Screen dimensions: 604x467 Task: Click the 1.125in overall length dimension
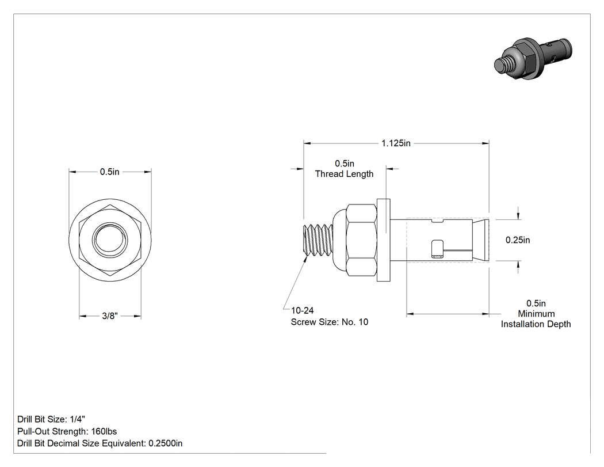pyautogui.click(x=396, y=143)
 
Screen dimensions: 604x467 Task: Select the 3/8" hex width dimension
pyautogui.click(x=110, y=316)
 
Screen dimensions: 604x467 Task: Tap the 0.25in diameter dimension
pyautogui.click(x=518, y=240)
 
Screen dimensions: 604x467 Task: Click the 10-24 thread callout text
pyautogui.click(x=303, y=310)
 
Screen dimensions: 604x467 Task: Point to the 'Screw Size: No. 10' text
pyautogui.click(x=330, y=322)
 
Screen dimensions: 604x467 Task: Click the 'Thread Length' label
pyautogui.click(x=345, y=174)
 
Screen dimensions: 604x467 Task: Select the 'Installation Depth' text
pyautogui.click(x=536, y=324)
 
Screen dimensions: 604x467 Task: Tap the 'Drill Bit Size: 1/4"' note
pyautogui.click(x=51, y=419)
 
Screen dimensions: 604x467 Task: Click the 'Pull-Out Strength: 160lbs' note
pyautogui.click(x=67, y=431)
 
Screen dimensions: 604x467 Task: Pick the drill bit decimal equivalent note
pyautogui.click(x=100, y=443)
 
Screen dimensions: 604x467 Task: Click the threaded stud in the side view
pyautogui.click(x=318, y=240)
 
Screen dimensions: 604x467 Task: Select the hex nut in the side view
pyautogui.click(x=361, y=240)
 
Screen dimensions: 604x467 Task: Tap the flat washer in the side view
pyautogui.click(x=384, y=240)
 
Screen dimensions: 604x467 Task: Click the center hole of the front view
pyautogui.click(x=110, y=240)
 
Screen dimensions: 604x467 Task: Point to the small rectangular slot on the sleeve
pyautogui.click(x=437, y=249)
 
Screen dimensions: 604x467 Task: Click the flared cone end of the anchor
pyautogui.click(x=481, y=240)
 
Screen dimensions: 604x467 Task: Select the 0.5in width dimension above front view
pyautogui.click(x=110, y=172)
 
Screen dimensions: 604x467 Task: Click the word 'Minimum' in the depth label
pyautogui.click(x=536, y=314)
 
